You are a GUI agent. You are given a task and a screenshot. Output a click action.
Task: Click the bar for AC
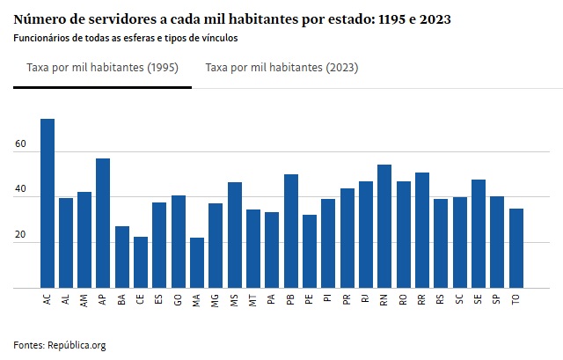click(47, 203)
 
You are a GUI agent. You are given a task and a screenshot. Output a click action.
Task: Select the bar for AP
click(103, 224)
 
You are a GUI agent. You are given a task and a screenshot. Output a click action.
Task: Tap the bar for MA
click(197, 262)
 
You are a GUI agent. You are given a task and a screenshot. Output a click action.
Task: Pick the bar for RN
click(384, 226)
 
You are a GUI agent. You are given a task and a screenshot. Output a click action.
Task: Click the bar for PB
click(291, 231)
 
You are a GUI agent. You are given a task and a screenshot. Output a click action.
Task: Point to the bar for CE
click(141, 262)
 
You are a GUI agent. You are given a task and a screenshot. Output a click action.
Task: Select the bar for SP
click(497, 242)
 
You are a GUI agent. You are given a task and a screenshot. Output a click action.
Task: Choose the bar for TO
click(515, 248)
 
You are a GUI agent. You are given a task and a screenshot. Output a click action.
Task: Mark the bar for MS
click(235, 235)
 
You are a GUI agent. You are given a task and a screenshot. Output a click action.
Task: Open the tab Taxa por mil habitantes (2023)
click(281, 68)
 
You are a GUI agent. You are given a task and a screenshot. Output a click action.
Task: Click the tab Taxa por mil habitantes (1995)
click(102, 68)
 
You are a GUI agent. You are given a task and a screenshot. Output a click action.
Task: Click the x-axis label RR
click(422, 299)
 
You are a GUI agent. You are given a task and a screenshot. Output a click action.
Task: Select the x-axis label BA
click(122, 299)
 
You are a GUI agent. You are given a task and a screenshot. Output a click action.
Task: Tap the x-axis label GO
click(179, 299)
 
